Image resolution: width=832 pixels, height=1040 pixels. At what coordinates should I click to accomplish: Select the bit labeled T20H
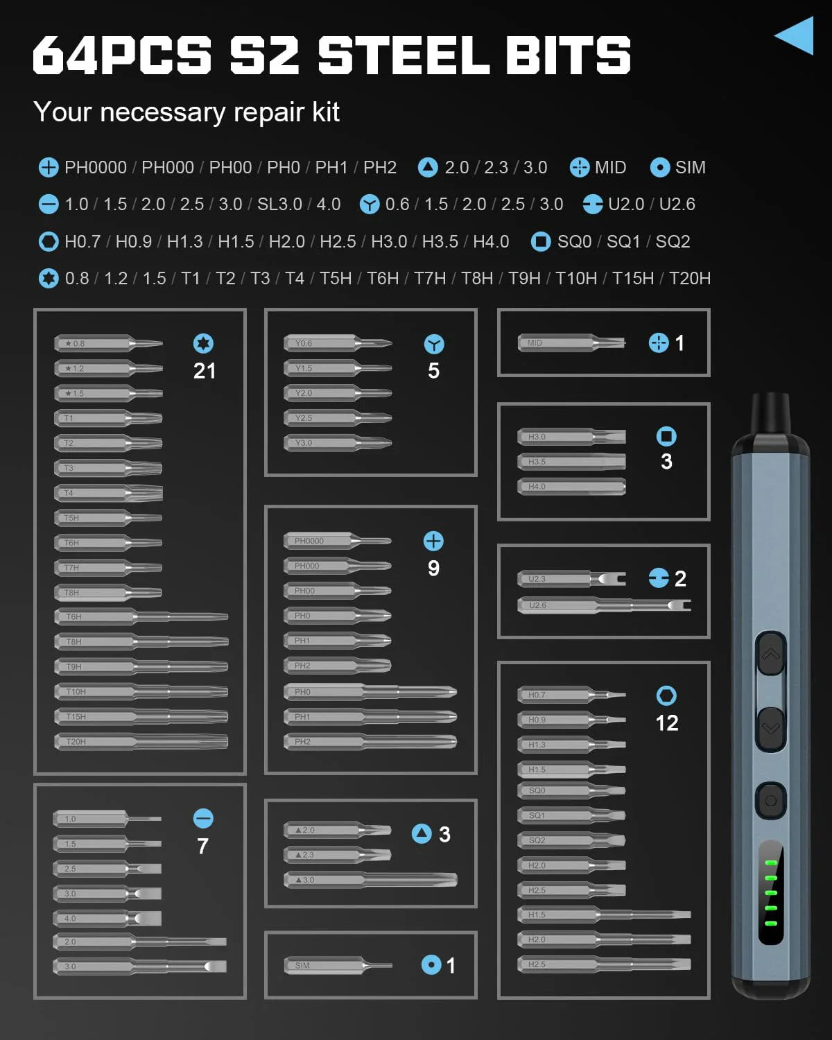coord(141,741)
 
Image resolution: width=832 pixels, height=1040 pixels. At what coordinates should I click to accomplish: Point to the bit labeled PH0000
coord(338,541)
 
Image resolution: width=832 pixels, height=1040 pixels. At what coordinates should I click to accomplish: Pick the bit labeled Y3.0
coord(338,442)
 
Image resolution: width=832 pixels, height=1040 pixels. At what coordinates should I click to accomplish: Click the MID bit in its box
coord(571,343)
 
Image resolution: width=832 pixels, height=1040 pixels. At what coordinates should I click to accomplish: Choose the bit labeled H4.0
coord(571,487)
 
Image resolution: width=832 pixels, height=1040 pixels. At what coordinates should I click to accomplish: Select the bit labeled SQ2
coord(571,840)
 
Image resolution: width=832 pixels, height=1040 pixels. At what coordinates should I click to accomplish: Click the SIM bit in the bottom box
coord(338,965)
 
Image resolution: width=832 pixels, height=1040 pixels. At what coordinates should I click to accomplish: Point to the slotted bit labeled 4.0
coord(107,918)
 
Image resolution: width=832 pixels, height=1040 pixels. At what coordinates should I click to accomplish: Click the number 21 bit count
coord(205,371)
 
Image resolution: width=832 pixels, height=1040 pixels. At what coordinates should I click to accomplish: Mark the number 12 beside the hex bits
coord(667,723)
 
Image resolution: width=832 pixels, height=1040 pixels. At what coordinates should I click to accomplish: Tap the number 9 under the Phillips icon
coord(433,569)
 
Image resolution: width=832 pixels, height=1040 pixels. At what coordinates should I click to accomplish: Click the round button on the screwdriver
coord(770,801)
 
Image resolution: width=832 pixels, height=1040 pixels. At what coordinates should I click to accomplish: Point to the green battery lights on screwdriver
coord(770,893)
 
